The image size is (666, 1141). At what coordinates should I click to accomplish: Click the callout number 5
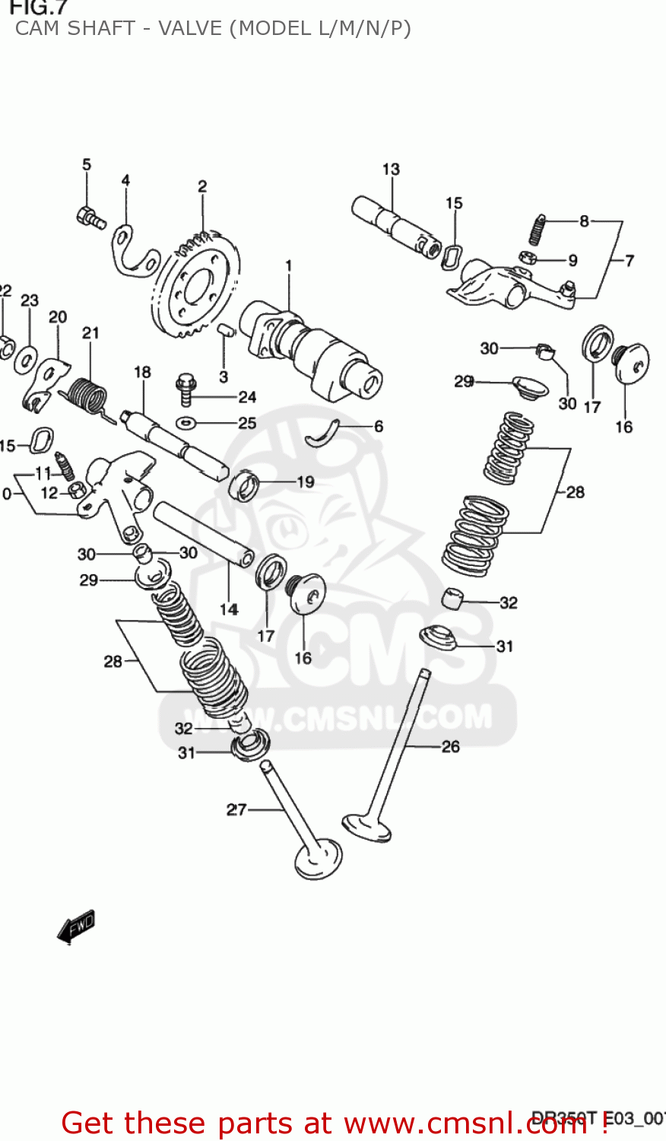tap(87, 164)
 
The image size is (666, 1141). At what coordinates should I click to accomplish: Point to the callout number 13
tap(391, 170)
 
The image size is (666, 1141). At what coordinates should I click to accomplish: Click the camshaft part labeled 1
tap(312, 347)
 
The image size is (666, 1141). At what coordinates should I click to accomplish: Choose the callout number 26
tap(451, 746)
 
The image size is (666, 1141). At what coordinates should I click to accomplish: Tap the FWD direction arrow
tap(76, 926)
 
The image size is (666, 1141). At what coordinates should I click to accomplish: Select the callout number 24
tap(247, 396)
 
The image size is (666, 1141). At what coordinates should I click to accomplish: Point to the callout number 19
tap(305, 482)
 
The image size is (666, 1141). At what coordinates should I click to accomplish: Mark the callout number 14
tap(229, 609)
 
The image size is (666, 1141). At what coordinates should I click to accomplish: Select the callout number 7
tap(630, 260)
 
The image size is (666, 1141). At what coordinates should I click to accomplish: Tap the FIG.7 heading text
tap(38, 8)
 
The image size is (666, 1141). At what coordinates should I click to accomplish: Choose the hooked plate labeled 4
tap(134, 252)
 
